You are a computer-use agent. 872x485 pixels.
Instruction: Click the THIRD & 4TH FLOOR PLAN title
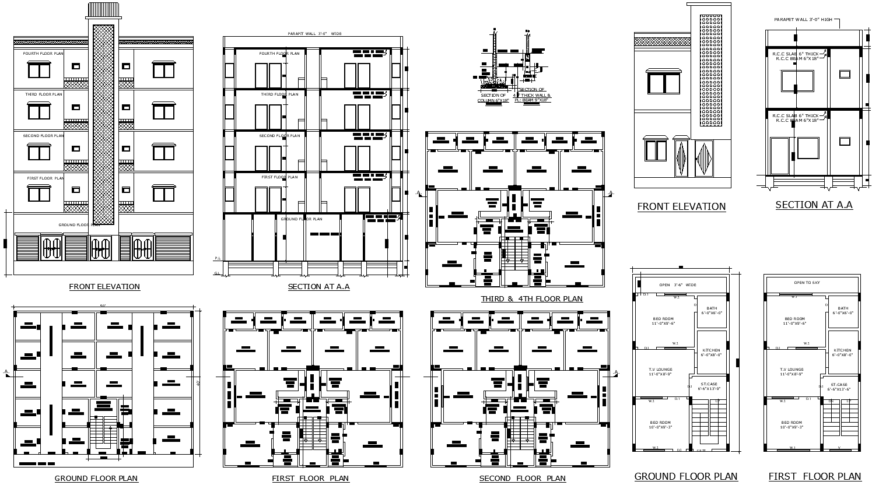pyautogui.click(x=531, y=299)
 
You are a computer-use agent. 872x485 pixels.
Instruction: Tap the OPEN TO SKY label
pyautogui.click(x=807, y=282)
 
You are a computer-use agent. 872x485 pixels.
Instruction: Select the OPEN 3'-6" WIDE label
pyautogui.click(x=678, y=285)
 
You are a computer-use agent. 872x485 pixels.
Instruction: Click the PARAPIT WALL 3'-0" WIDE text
pyautogui.click(x=315, y=34)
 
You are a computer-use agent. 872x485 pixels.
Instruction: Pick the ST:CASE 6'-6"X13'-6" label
pyautogui.click(x=839, y=386)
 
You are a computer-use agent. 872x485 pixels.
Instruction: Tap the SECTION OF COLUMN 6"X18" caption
pyautogui.click(x=493, y=98)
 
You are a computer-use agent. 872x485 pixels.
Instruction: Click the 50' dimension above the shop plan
pyautogui.click(x=103, y=307)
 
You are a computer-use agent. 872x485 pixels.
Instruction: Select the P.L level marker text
pyautogui.click(x=218, y=258)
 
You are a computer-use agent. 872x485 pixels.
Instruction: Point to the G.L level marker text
pyautogui.click(x=218, y=273)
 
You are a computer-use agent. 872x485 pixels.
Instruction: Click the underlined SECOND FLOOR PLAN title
pyautogui.click(x=522, y=479)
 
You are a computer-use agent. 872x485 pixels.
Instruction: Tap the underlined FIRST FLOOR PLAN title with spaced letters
pyautogui.click(x=310, y=479)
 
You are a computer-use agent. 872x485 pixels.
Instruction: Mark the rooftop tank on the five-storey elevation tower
pyautogui.click(x=103, y=10)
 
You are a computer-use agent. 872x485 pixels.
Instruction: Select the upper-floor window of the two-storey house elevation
pyautogui.click(x=664, y=82)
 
